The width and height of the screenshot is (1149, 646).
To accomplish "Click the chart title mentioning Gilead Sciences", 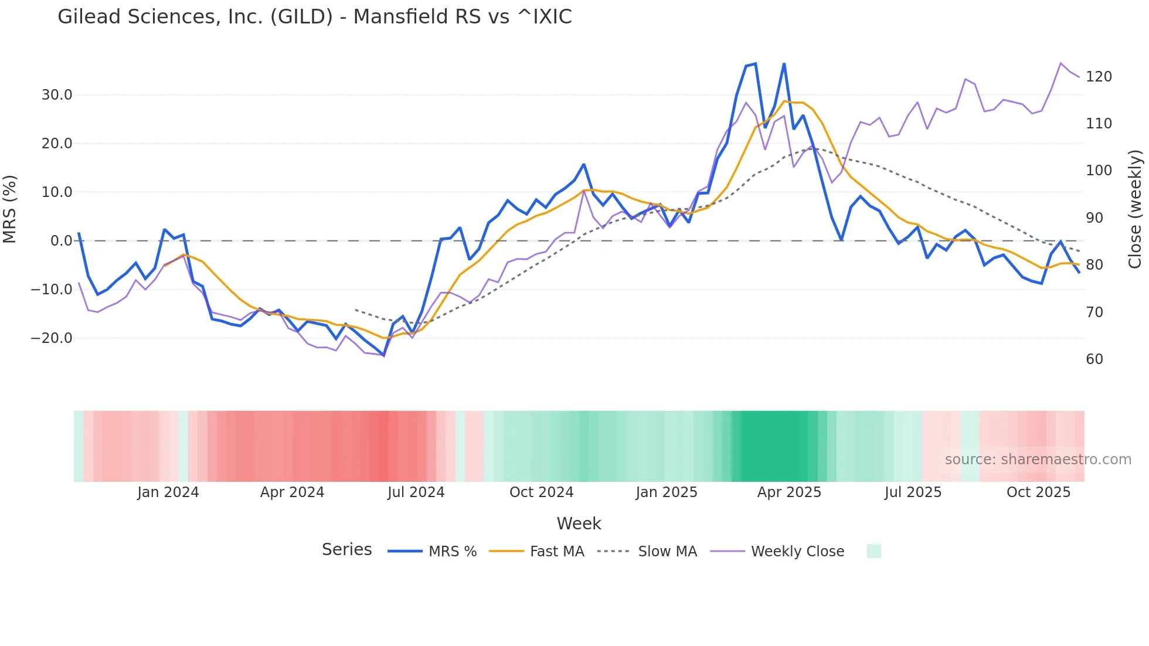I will click(x=314, y=16).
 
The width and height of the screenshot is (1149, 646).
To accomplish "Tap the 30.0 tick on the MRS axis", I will click(x=57, y=95).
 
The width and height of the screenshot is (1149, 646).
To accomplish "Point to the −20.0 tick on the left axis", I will click(x=52, y=338).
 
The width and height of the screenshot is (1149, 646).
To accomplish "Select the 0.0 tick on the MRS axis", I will click(x=61, y=241).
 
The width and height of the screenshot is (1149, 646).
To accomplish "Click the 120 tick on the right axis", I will click(x=1099, y=77).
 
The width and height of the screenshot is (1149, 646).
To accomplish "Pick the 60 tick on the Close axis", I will click(x=1094, y=359).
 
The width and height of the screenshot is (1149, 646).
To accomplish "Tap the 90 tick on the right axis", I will click(x=1094, y=218).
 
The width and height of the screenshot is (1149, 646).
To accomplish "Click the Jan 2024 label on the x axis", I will click(x=168, y=492).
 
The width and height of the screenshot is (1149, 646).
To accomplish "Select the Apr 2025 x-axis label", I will click(x=789, y=492).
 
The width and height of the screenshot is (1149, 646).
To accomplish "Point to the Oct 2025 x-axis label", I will click(x=1038, y=492).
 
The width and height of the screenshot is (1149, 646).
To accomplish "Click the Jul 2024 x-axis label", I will click(x=416, y=492).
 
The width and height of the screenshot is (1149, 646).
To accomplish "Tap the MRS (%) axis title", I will click(x=10, y=209).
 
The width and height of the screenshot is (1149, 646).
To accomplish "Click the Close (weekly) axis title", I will click(x=1135, y=209).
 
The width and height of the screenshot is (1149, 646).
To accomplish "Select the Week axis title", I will click(x=579, y=523).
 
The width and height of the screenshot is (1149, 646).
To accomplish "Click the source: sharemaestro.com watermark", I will click(x=1038, y=460).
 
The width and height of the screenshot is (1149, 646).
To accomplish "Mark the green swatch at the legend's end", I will click(x=873, y=551).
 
